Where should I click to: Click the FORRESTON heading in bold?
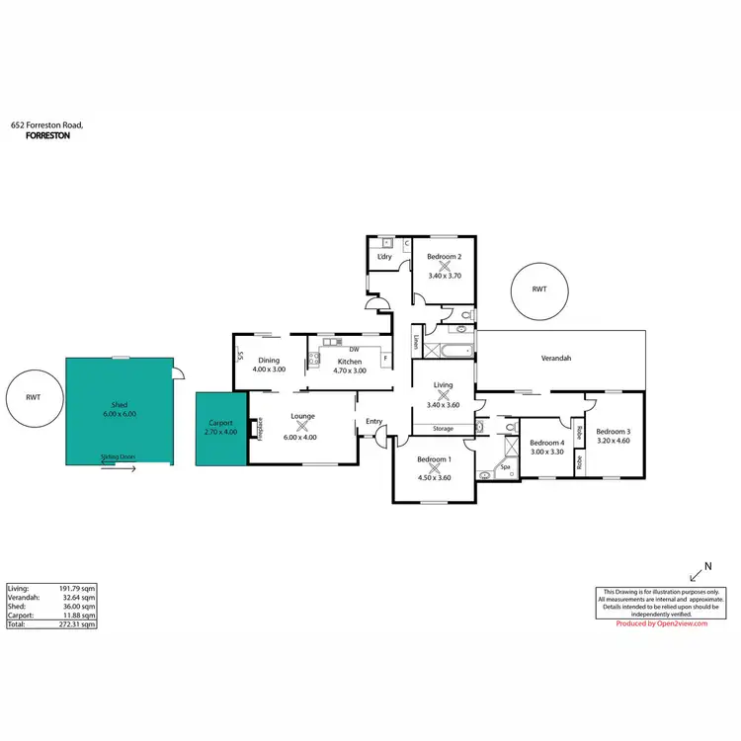click(x=47, y=136)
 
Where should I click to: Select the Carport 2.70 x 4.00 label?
click(x=220, y=431)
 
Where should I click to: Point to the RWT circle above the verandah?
click(x=538, y=289)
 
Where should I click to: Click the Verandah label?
click(x=556, y=358)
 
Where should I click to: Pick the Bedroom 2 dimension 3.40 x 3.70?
click(x=445, y=276)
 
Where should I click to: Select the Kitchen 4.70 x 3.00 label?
click(x=349, y=370)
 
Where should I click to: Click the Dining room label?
click(x=269, y=361)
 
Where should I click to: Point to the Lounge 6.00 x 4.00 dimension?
click(x=302, y=437)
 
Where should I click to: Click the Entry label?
click(x=373, y=422)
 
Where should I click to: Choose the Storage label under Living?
click(x=443, y=429)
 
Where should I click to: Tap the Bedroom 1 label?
click(x=433, y=459)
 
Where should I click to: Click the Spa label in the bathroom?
click(x=505, y=465)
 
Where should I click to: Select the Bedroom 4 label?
click(x=546, y=443)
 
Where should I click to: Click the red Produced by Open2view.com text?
click(x=661, y=623)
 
